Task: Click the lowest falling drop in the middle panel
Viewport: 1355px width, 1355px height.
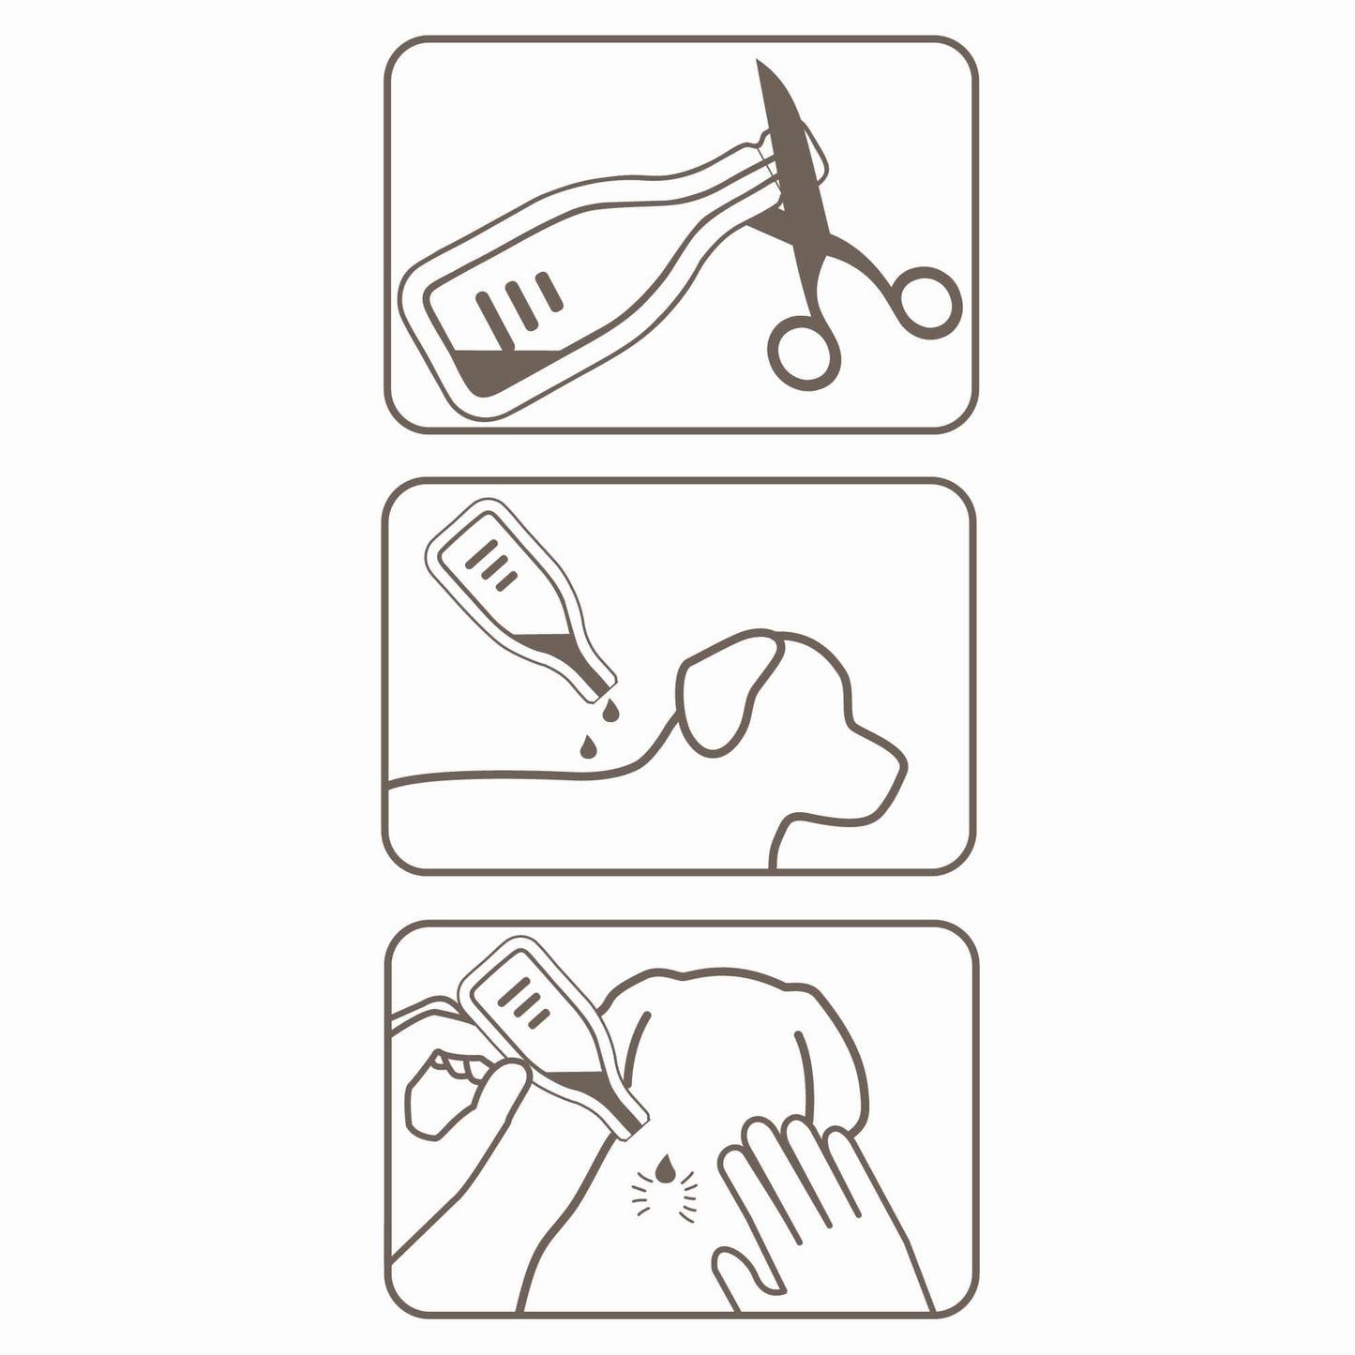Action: click(587, 745)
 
